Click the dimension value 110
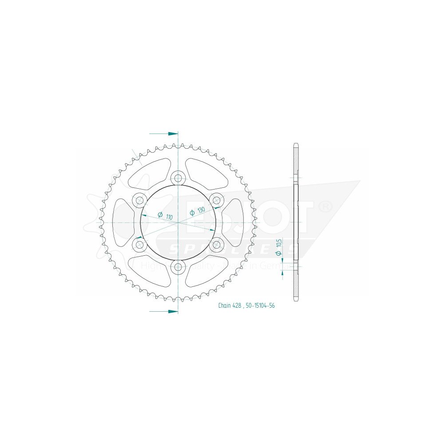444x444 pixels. click(169, 218)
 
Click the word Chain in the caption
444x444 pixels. click(224, 305)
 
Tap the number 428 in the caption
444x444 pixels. click(238, 305)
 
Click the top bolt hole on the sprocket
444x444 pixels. click(178, 178)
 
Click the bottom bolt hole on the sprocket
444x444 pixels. click(178, 266)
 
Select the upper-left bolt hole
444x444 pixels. click(140, 200)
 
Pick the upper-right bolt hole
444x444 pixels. click(216, 200)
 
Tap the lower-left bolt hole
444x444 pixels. click(140, 245)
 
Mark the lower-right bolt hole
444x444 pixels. click(216, 245)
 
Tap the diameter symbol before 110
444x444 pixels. click(160, 215)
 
